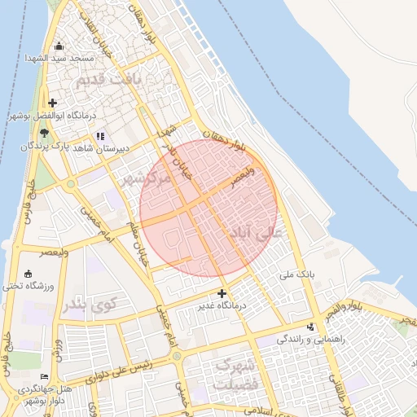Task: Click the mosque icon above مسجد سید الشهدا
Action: (58, 46)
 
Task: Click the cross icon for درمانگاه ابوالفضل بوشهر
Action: (53, 103)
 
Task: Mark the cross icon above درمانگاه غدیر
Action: (222, 292)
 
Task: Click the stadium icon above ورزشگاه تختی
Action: (30, 274)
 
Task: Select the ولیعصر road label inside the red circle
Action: (242, 178)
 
